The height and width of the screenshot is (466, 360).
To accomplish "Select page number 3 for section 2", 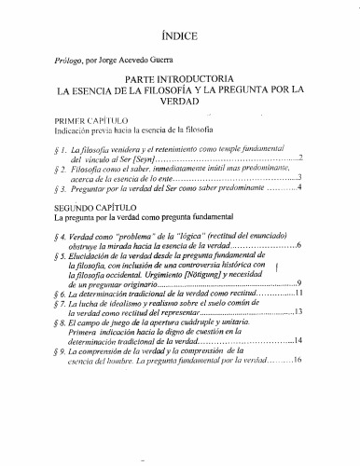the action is (x=298, y=176).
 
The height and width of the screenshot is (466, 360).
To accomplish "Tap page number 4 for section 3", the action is (x=298, y=188).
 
